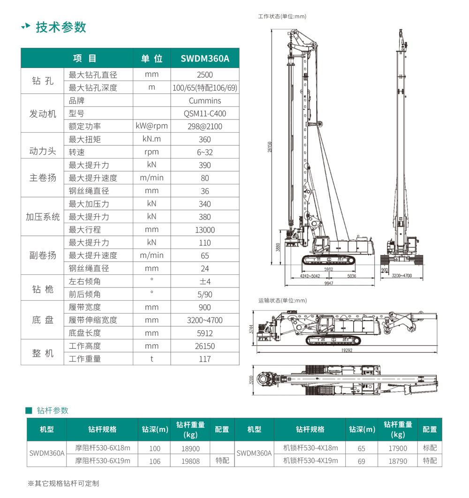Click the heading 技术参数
tap(61, 27)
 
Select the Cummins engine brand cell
tap(205, 101)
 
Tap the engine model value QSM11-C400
tap(205, 113)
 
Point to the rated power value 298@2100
tap(205, 127)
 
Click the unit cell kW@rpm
tap(151, 126)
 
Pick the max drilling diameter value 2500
tap(205, 75)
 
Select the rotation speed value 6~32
tap(205, 152)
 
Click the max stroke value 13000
tap(205, 230)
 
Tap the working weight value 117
tap(205, 359)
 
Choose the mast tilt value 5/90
tap(205, 294)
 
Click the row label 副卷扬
tap(43, 255)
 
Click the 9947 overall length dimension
tap(328, 284)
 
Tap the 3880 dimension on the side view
tap(278, 247)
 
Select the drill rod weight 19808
tap(190, 461)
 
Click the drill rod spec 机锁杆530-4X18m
tap(310, 448)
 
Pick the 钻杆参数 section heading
tap(53, 410)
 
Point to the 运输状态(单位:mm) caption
tap(282, 301)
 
